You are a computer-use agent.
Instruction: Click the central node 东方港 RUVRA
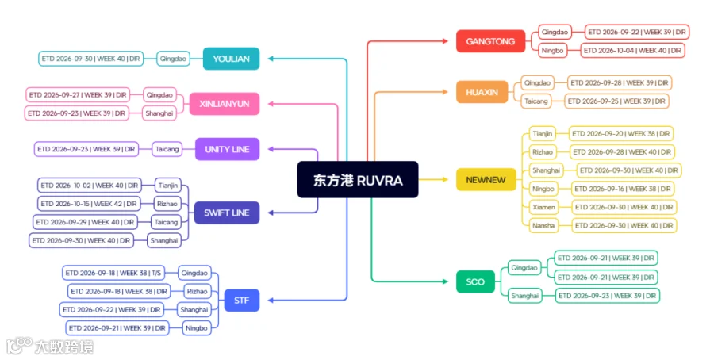point(358,180)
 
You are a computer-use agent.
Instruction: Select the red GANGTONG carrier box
point(490,41)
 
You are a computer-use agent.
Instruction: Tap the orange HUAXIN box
point(482,92)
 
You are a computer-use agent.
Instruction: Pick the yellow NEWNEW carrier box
point(486,180)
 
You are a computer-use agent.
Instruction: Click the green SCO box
point(475,281)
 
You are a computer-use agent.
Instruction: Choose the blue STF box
point(242,301)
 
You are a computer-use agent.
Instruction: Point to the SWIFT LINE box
point(227,213)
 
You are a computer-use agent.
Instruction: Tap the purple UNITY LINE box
point(227,149)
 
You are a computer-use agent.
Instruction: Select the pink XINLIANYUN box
point(225,104)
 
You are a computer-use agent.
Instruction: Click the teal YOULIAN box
point(232,59)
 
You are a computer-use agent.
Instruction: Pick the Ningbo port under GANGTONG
point(552,51)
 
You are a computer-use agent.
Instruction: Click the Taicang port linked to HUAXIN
point(536,101)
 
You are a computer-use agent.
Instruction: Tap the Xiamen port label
point(543,207)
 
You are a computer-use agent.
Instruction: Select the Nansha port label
point(543,225)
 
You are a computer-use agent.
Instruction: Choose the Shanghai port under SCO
point(524,296)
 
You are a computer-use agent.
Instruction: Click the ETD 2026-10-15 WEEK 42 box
point(89,204)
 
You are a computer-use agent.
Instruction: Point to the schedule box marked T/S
point(113,273)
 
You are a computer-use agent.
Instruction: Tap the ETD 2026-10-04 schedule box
point(632,51)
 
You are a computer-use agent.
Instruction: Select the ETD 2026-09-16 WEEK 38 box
point(623,189)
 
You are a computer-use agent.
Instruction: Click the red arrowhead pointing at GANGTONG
point(445,41)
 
